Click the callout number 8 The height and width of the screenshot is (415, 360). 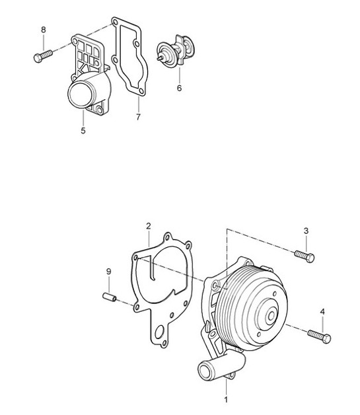pyautogui.click(x=44, y=30)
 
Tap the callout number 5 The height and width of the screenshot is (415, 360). pyautogui.click(x=83, y=131)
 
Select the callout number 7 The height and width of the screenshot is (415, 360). pyautogui.click(x=138, y=117)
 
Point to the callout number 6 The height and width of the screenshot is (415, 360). pyautogui.click(x=179, y=87)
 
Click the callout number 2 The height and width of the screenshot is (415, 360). pyautogui.click(x=149, y=226)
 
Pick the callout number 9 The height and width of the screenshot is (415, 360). pyautogui.click(x=109, y=272)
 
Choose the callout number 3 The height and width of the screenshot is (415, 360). pyautogui.click(x=306, y=231)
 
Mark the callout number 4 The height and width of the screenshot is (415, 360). pyautogui.click(x=322, y=311)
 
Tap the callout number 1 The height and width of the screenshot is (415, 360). pyautogui.click(x=226, y=399)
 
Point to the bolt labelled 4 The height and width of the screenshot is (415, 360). pyautogui.click(x=318, y=336)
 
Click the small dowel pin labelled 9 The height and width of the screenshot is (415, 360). pyautogui.click(x=110, y=297)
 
